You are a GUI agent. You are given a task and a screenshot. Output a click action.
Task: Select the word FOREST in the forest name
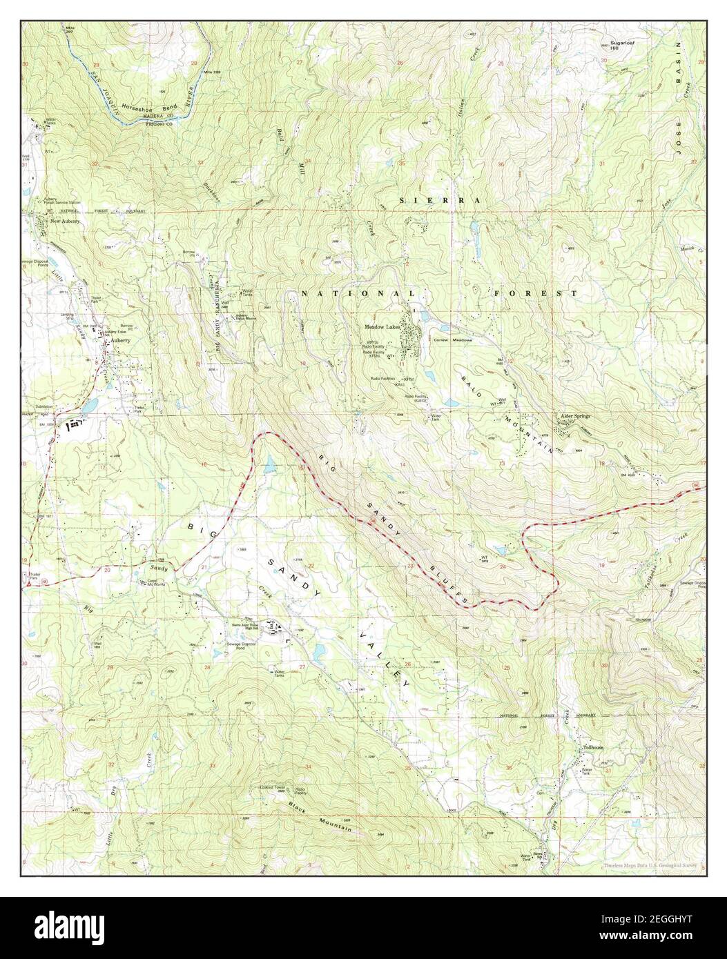tap(536, 293)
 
